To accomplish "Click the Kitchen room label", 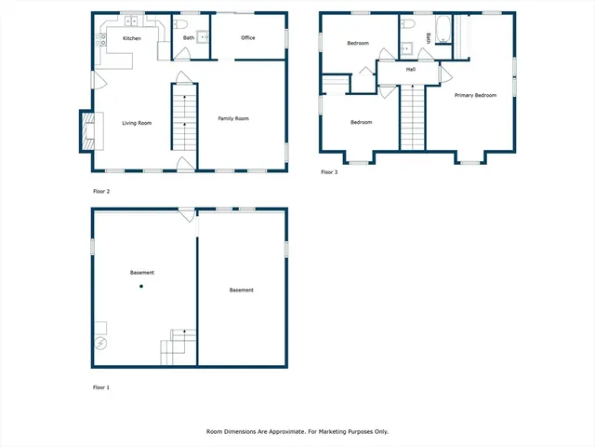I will pyautogui.click(x=132, y=38).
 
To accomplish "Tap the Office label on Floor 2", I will pyautogui.click(x=248, y=38).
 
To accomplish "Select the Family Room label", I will pyautogui.click(x=233, y=118).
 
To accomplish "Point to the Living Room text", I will pyautogui.click(x=137, y=123).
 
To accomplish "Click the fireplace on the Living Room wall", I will pyautogui.click(x=86, y=131).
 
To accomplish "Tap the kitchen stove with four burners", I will pyautogui.click(x=100, y=39).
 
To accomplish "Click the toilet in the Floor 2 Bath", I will pyautogui.click(x=184, y=23).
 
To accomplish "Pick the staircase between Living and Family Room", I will pyautogui.click(x=184, y=116).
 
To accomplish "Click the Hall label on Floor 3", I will pyautogui.click(x=410, y=69).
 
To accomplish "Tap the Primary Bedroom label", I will pyautogui.click(x=475, y=95).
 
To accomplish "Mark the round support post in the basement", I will pyautogui.click(x=142, y=287).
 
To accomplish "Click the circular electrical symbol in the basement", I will pyautogui.click(x=99, y=342).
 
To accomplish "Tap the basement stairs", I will pyautogui.click(x=179, y=347).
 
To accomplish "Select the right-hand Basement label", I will pyautogui.click(x=242, y=291).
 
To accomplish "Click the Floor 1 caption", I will pyautogui.click(x=101, y=386).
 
